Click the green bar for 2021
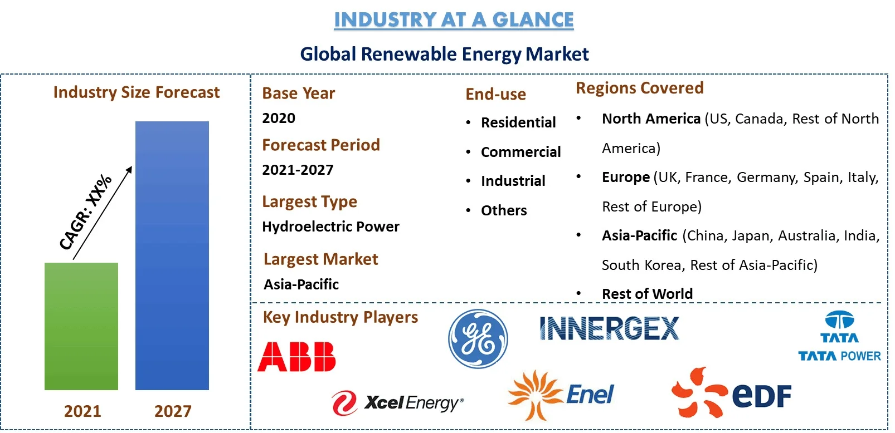click(x=81, y=326)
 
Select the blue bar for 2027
click(x=172, y=255)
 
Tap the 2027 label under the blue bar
click(x=173, y=411)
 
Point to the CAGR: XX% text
click(x=85, y=212)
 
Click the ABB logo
click(x=296, y=356)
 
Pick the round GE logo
click(x=478, y=339)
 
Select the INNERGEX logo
click(x=609, y=328)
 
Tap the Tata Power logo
click(x=839, y=336)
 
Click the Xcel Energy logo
click(x=397, y=403)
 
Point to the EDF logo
click(x=731, y=393)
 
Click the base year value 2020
click(x=279, y=118)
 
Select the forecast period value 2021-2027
click(x=298, y=170)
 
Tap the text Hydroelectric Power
click(x=331, y=227)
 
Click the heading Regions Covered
click(x=640, y=88)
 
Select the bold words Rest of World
click(x=647, y=294)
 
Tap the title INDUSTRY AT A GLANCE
click(x=454, y=19)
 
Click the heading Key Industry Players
click(x=341, y=317)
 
